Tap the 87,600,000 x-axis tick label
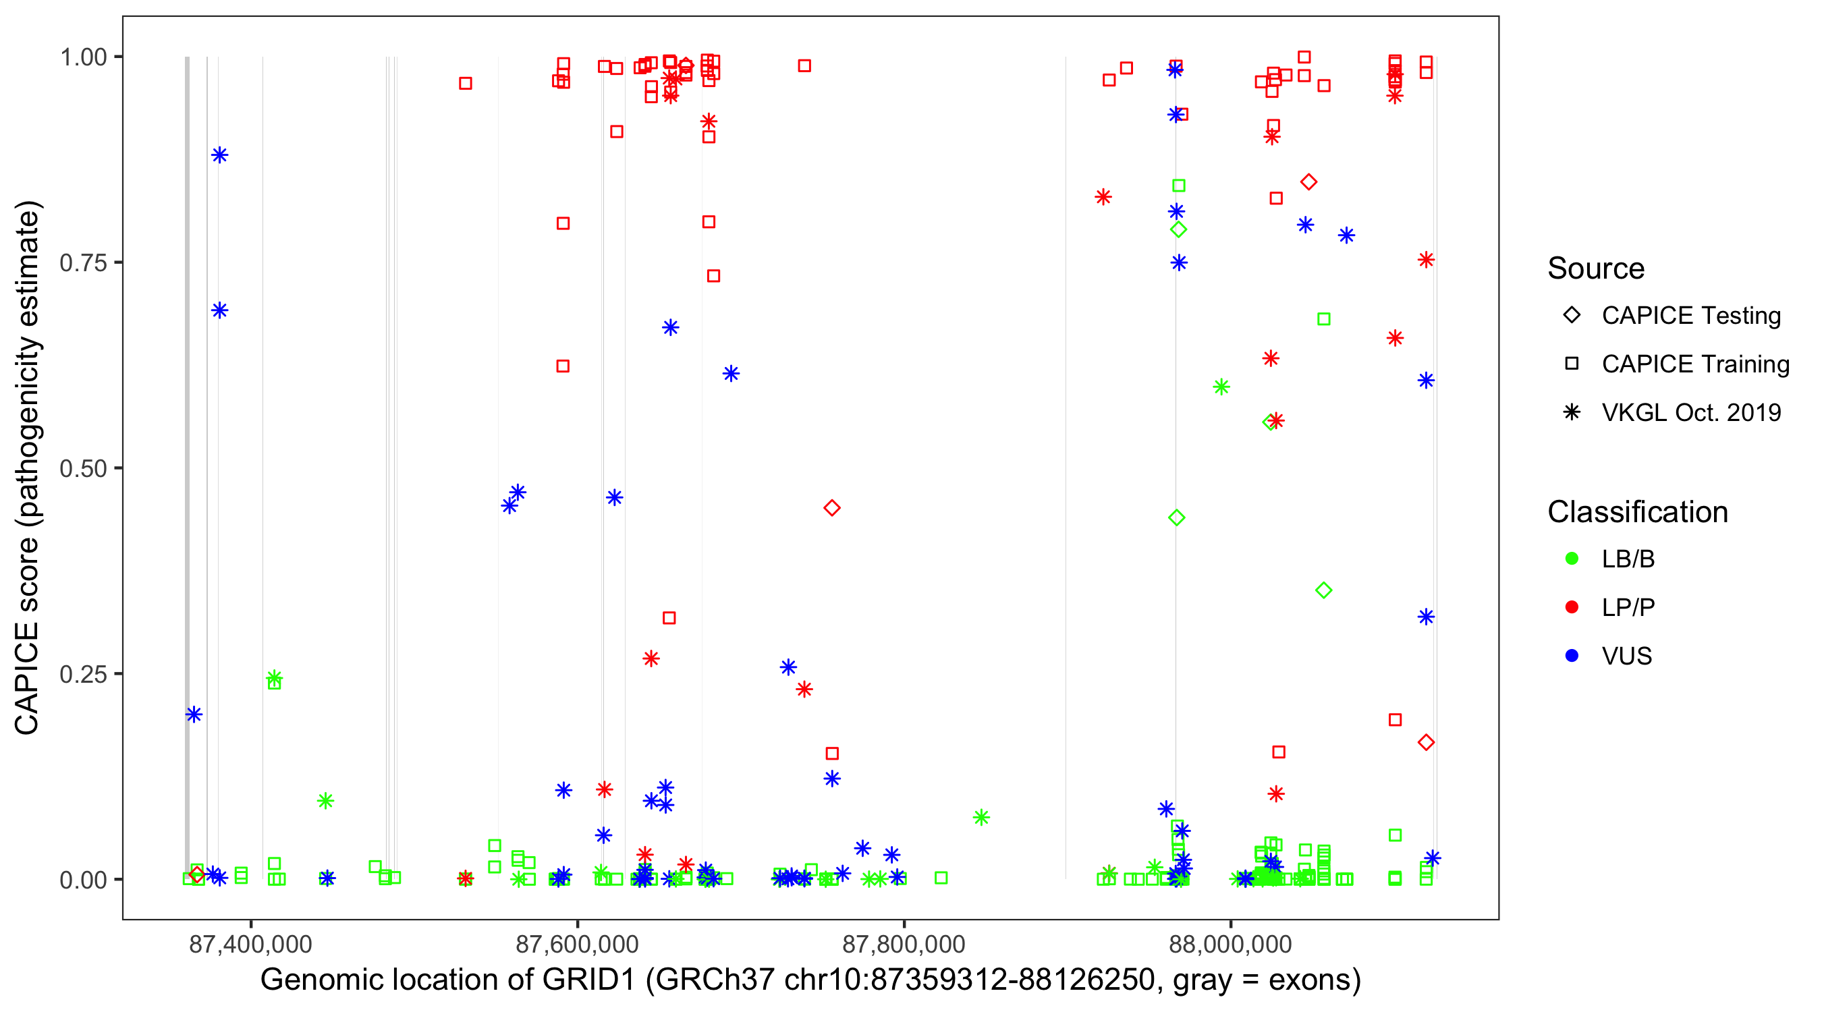point(577,944)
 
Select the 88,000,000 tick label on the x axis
point(1231,944)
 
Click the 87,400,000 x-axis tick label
point(250,944)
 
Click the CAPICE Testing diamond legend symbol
point(1572,316)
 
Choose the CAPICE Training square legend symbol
point(1572,364)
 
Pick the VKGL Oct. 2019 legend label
point(1691,413)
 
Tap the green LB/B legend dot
point(1572,559)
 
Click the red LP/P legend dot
point(1572,607)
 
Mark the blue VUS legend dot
point(1572,656)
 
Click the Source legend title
point(1596,269)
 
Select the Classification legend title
point(1637,512)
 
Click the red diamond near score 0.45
point(832,509)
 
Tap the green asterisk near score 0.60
point(1221,387)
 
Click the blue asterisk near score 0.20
point(194,714)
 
